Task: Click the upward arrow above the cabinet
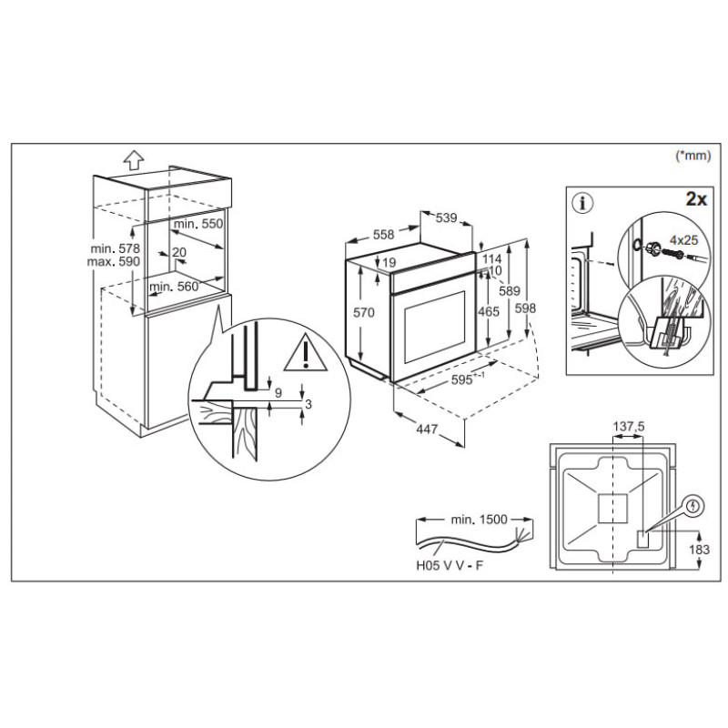(x=133, y=161)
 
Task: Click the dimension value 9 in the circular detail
(x=278, y=392)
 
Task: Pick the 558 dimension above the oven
(x=383, y=235)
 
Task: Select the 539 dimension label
(x=446, y=217)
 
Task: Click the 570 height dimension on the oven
(x=365, y=312)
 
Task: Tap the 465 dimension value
(x=489, y=310)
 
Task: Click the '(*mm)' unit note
(x=693, y=157)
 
